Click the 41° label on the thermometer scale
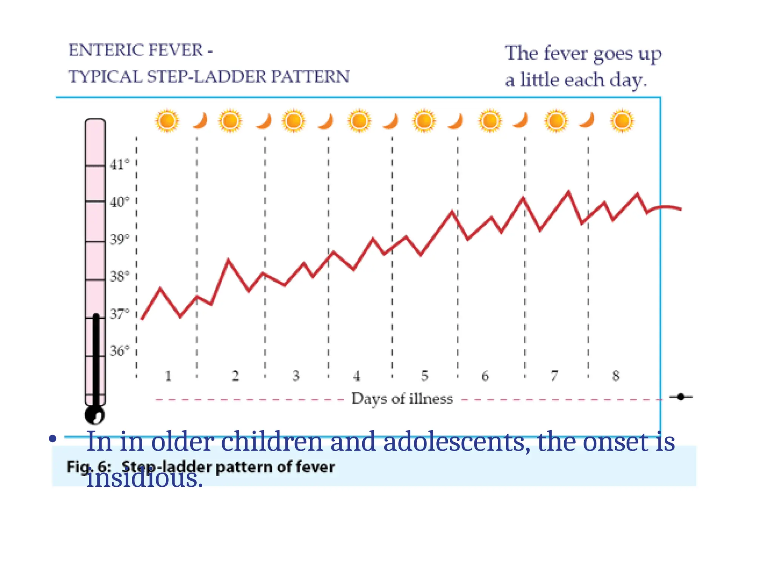pyautogui.click(x=119, y=165)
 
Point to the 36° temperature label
pyautogui.click(x=119, y=351)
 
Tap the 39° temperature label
pyautogui.click(x=119, y=239)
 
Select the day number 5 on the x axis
pyautogui.click(x=425, y=376)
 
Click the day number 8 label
pyautogui.click(x=616, y=376)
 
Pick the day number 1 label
pyautogui.click(x=168, y=376)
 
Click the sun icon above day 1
pyautogui.click(x=167, y=121)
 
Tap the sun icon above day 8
pyautogui.click(x=622, y=121)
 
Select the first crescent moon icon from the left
pyautogui.click(x=201, y=121)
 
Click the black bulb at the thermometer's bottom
pyautogui.click(x=94, y=415)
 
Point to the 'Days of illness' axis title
pyautogui.click(x=402, y=399)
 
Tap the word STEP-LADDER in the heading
pyautogui.click(x=206, y=77)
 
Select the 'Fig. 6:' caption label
pyautogui.click(x=89, y=467)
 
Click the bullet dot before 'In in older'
pyautogui.click(x=52, y=439)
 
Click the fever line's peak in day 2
pyautogui.click(x=228, y=259)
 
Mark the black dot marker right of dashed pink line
pyautogui.click(x=681, y=397)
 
